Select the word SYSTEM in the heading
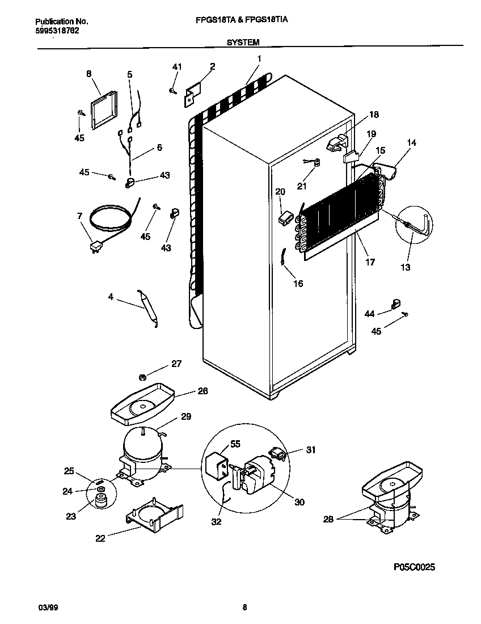243,42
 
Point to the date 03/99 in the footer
47,608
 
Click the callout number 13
406,267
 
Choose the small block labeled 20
285,217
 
